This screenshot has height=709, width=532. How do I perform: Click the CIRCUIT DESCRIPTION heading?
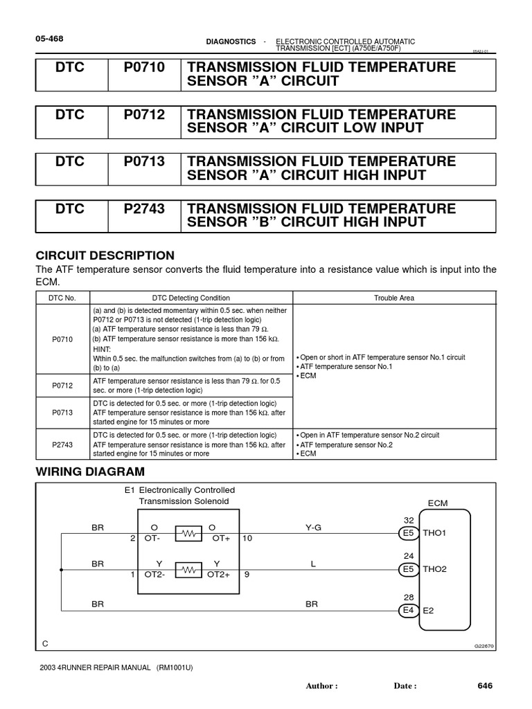(105, 255)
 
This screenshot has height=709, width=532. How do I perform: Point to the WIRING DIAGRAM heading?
(90, 472)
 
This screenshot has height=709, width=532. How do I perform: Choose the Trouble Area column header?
(394, 298)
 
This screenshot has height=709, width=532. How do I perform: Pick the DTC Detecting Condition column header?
(190, 298)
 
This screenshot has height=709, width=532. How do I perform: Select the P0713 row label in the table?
(62, 411)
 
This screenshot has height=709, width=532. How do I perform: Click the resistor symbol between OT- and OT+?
(187, 533)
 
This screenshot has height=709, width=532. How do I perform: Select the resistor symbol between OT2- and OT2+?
(187, 569)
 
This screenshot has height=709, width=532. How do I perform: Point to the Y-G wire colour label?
(314, 527)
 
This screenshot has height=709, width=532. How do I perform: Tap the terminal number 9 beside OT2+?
(245, 575)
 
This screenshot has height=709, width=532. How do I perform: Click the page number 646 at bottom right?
(484, 685)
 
